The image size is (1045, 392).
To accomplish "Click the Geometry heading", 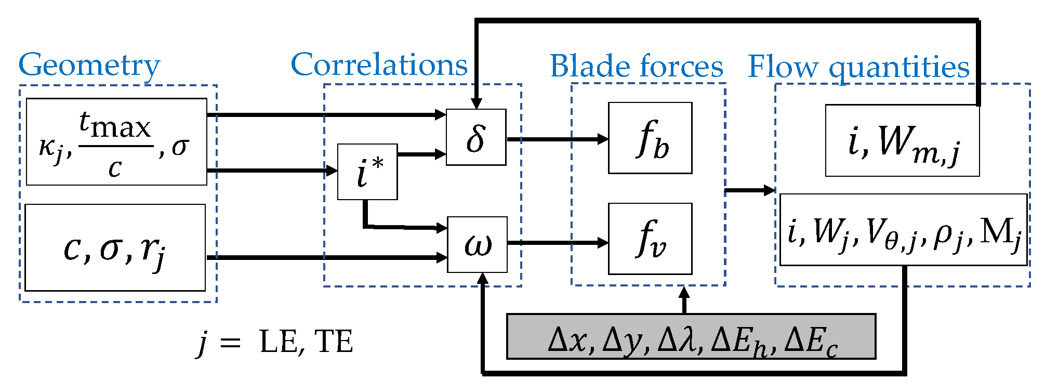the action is click(x=89, y=67).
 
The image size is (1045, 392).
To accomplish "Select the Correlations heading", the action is click(x=379, y=64).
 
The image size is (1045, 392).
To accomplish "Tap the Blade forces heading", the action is click(x=637, y=66).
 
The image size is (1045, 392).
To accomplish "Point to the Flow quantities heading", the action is click(x=858, y=68).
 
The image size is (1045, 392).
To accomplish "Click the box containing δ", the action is click(x=476, y=137).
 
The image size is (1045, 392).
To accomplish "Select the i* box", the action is click(x=367, y=172).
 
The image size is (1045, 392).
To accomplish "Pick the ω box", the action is click(x=477, y=244).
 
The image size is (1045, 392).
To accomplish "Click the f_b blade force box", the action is click(x=650, y=138).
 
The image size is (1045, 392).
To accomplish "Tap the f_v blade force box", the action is click(x=650, y=239).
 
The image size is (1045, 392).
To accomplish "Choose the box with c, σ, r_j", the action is click(x=115, y=247).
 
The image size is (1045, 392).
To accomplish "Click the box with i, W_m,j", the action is click(x=902, y=140).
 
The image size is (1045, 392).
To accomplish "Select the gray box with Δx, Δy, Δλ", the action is click(x=691, y=336).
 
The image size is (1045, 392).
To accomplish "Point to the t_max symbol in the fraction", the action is click(x=115, y=125).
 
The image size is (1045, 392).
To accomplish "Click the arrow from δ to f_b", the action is click(x=558, y=139).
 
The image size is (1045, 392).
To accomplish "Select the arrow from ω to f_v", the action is click(x=558, y=243).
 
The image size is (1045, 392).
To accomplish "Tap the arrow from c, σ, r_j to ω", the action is click(x=327, y=257).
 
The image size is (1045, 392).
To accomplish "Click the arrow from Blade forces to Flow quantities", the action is click(x=750, y=190).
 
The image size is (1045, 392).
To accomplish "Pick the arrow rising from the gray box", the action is click(x=684, y=300).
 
